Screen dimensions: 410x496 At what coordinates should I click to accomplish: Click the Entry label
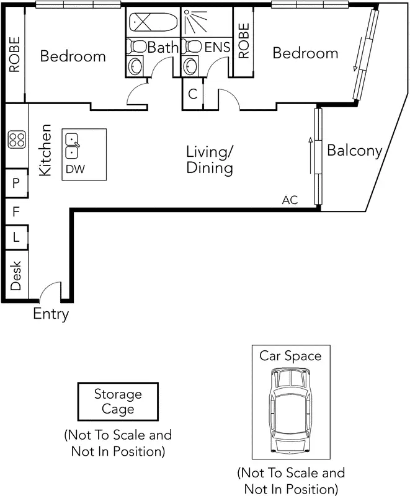(x=51, y=314)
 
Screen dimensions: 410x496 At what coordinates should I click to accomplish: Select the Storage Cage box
(x=118, y=402)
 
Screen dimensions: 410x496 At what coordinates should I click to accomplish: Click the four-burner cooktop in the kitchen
(x=16, y=140)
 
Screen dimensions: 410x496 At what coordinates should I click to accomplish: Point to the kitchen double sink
(x=72, y=145)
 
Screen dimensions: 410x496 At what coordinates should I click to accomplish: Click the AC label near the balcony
(x=290, y=200)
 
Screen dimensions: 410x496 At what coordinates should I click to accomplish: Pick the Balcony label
(x=354, y=151)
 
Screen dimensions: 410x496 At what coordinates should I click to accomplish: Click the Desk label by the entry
(x=16, y=275)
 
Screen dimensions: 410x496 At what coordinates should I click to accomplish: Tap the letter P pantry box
(x=16, y=184)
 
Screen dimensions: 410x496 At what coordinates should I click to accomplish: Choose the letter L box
(x=16, y=237)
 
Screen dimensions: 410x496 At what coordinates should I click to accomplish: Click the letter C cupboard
(x=193, y=94)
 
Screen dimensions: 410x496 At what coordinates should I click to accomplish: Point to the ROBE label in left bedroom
(x=14, y=55)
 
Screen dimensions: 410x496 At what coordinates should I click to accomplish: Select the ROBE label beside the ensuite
(x=243, y=41)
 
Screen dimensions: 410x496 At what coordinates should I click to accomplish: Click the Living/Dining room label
(x=210, y=159)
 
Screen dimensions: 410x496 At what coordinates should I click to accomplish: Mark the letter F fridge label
(x=16, y=211)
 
